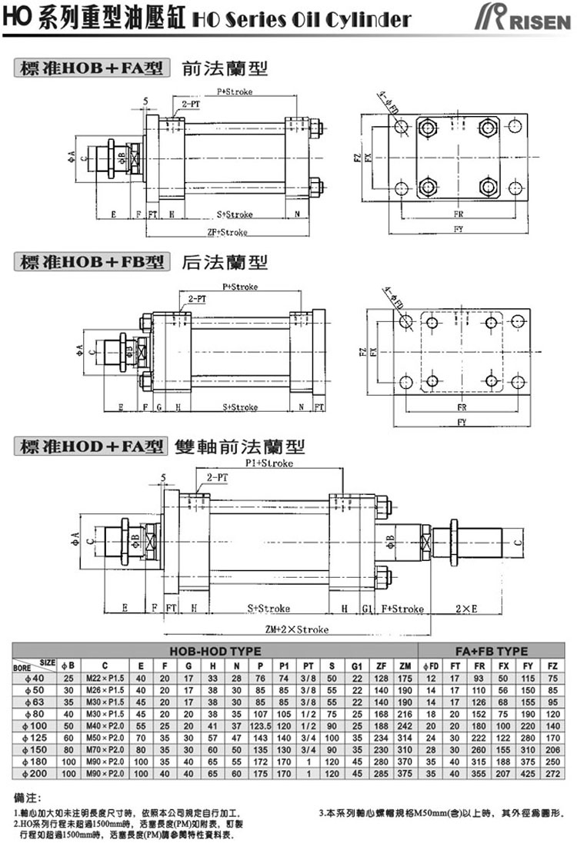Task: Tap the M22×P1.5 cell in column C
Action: [105, 677]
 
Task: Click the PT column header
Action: [308, 665]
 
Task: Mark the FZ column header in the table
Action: [552, 665]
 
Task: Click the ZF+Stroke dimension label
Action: [228, 232]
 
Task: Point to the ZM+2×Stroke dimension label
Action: [297, 629]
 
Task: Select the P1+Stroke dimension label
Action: [264, 464]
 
